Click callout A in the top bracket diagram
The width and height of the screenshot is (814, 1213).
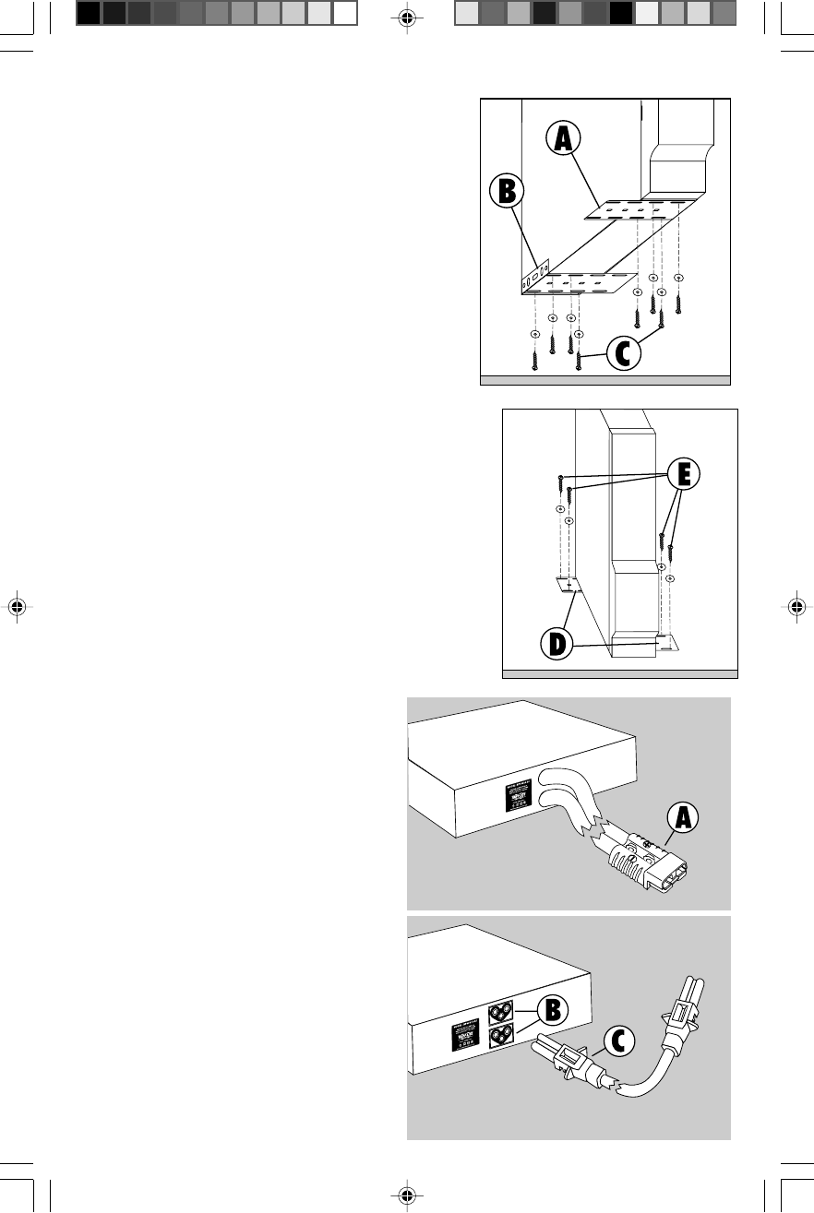(x=563, y=138)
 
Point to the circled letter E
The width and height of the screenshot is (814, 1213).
(x=684, y=474)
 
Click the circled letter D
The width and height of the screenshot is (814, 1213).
(x=554, y=644)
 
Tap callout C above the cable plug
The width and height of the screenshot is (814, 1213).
(x=621, y=1041)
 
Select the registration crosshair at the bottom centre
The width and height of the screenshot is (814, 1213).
(x=407, y=1196)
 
